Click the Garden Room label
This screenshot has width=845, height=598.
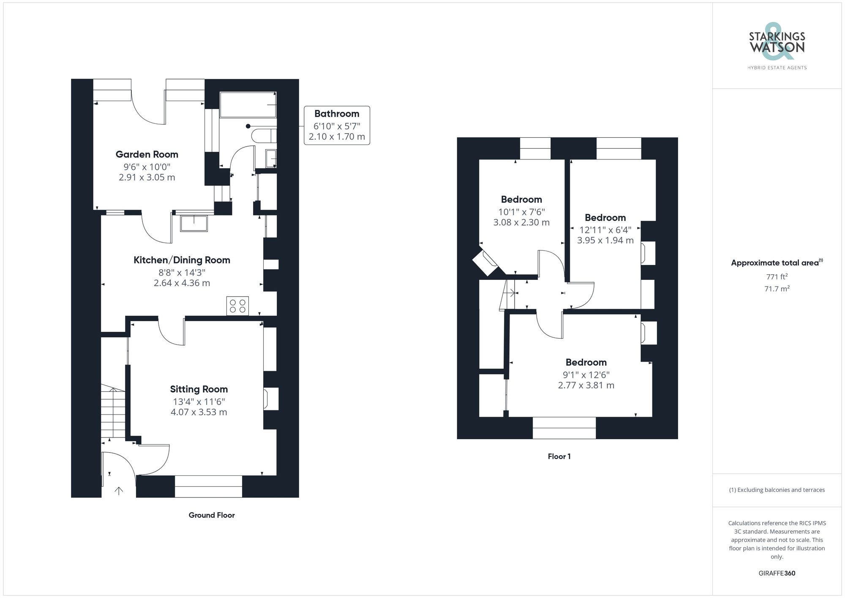(147, 155)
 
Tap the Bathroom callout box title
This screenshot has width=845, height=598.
(337, 114)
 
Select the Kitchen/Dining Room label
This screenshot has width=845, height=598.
(182, 260)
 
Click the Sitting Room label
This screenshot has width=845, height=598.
(199, 389)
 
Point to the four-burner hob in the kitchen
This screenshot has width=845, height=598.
(237, 306)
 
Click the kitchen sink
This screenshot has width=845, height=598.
(194, 224)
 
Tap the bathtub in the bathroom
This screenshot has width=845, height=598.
(248, 104)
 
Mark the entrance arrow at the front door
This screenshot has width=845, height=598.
(119, 491)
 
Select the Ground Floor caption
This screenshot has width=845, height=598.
(212, 515)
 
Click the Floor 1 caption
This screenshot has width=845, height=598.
(559, 456)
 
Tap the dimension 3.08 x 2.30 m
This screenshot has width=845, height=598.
(521, 223)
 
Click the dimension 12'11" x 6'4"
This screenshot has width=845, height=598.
(605, 230)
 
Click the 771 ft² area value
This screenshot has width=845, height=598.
(777, 277)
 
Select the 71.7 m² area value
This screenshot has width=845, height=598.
(777, 289)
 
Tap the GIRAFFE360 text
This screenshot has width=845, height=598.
(777, 573)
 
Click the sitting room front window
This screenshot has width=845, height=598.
(208, 486)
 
